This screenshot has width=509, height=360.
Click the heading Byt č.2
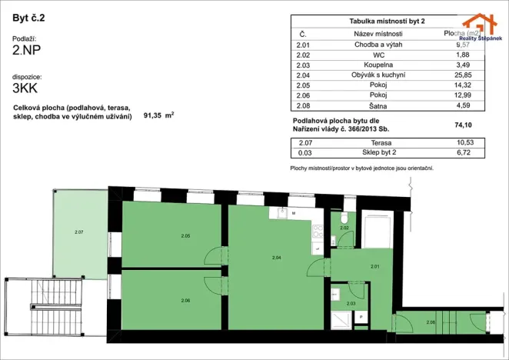(28, 16)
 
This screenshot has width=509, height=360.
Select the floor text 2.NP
(27, 52)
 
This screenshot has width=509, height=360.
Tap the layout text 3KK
(25, 88)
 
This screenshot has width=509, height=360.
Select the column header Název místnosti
(378, 34)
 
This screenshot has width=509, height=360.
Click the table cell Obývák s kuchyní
(380, 75)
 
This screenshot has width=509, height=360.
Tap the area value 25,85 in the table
(463, 75)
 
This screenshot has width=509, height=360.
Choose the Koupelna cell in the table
(380, 65)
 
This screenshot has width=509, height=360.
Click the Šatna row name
(380, 105)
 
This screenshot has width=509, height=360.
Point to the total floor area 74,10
(463, 125)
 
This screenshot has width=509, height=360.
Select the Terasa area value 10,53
(463, 143)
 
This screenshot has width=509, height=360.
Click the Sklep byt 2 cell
(380, 153)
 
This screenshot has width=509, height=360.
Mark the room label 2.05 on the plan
(185, 235)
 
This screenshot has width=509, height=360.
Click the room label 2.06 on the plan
(185, 300)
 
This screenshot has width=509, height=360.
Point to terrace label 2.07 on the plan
(78, 231)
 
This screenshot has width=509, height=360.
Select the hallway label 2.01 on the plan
(374, 266)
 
